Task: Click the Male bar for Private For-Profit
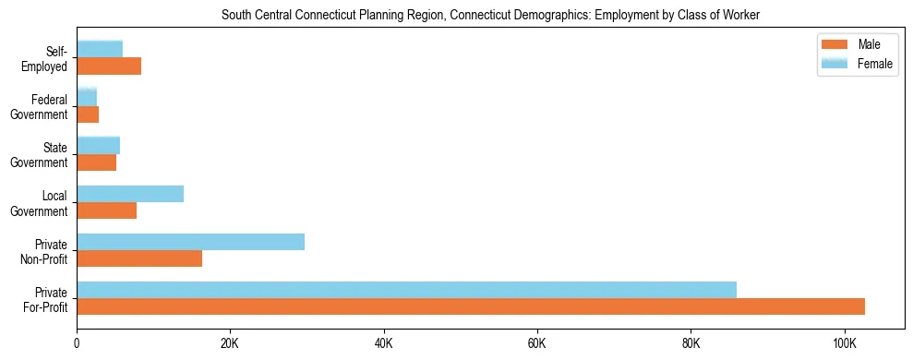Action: pos(471,306)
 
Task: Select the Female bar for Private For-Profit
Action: pos(406,290)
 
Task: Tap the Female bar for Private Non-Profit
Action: pos(190,242)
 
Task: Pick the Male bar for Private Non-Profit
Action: pos(139,258)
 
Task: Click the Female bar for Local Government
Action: pos(130,194)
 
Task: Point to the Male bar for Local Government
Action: pos(106,210)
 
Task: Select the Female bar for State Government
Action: pos(98,146)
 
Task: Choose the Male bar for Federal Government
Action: pos(88,114)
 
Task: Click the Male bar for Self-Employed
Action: pos(109,66)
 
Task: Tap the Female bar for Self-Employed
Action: pos(100,50)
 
